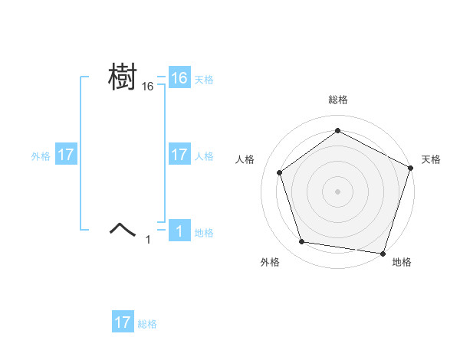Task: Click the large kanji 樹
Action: [123, 77]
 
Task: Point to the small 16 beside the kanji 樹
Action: [148, 87]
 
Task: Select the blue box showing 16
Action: [179, 78]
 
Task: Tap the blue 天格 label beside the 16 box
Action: [203, 79]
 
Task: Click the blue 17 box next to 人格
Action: [179, 155]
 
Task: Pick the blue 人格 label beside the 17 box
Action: [203, 155]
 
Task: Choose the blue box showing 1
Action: [179, 231]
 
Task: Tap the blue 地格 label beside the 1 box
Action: [203, 232]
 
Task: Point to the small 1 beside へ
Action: [148, 240]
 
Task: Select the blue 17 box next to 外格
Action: [66, 155]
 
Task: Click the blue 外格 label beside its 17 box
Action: [41, 155]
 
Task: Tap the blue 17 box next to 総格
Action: [123, 322]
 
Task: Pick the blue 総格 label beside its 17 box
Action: [147, 324]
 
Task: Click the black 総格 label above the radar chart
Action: [337, 100]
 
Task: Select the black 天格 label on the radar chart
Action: [431, 159]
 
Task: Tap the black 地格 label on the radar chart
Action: [402, 262]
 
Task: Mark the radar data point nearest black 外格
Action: [302, 242]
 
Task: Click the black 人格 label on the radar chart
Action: [245, 159]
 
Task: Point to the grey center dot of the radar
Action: [337, 191]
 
